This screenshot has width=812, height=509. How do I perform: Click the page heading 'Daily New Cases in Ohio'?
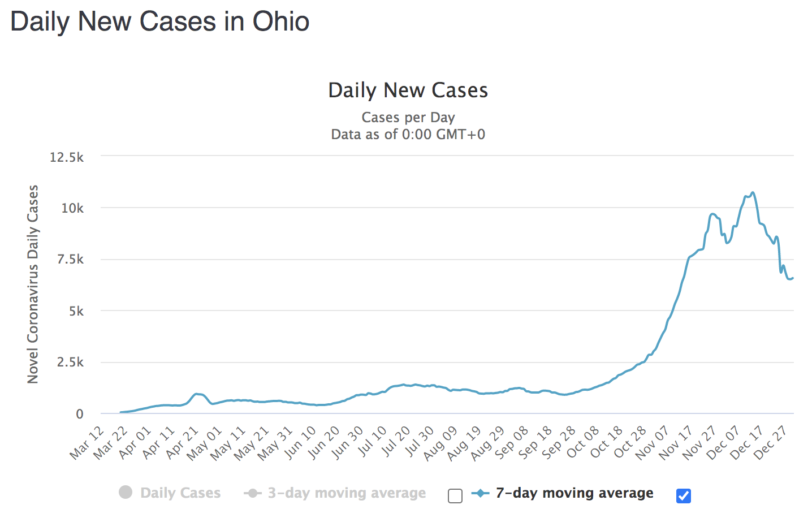pyautogui.click(x=160, y=21)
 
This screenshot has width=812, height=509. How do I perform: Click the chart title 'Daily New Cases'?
pyautogui.click(x=408, y=90)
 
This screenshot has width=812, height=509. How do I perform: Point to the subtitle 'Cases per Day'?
pyautogui.click(x=408, y=118)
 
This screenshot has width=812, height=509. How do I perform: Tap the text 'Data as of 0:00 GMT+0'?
pyautogui.click(x=408, y=135)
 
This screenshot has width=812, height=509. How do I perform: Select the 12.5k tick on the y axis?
pyautogui.click(x=67, y=157)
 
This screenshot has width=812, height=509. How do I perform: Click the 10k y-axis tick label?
pyautogui.click(x=72, y=208)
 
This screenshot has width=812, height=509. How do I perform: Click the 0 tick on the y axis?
pyautogui.click(x=79, y=414)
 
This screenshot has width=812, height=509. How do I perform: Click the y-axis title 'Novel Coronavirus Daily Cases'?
pyautogui.click(x=33, y=284)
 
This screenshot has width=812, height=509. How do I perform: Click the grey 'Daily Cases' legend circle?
pyautogui.click(x=126, y=493)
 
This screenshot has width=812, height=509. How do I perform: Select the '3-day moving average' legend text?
pyautogui.click(x=347, y=493)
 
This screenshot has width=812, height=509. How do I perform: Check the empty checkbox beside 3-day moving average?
pyautogui.click(x=455, y=496)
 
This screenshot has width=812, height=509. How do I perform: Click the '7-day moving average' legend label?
pyautogui.click(x=575, y=493)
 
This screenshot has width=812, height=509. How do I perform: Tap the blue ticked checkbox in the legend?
pyautogui.click(x=683, y=496)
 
